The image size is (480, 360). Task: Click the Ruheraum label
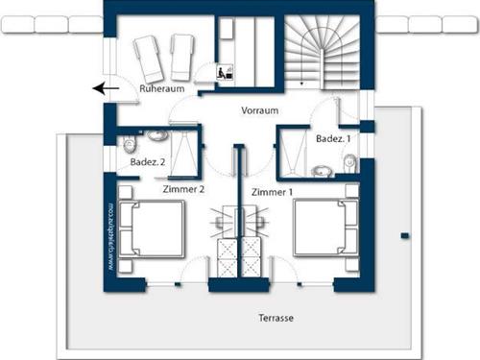(x=160, y=88)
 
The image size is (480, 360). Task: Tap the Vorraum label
(x=259, y=110)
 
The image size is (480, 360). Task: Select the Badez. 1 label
(x=334, y=139)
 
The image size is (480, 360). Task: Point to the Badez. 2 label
(x=149, y=163)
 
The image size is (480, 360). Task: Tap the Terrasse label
(x=276, y=317)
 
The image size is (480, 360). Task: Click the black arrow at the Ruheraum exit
(x=106, y=89)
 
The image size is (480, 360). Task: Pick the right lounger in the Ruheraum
(x=183, y=58)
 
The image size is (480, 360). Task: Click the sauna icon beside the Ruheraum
(x=223, y=72)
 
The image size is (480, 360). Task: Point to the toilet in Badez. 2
(x=130, y=145)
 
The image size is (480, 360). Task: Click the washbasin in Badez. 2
(x=155, y=135)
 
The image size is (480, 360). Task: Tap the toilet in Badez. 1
(x=350, y=164)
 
